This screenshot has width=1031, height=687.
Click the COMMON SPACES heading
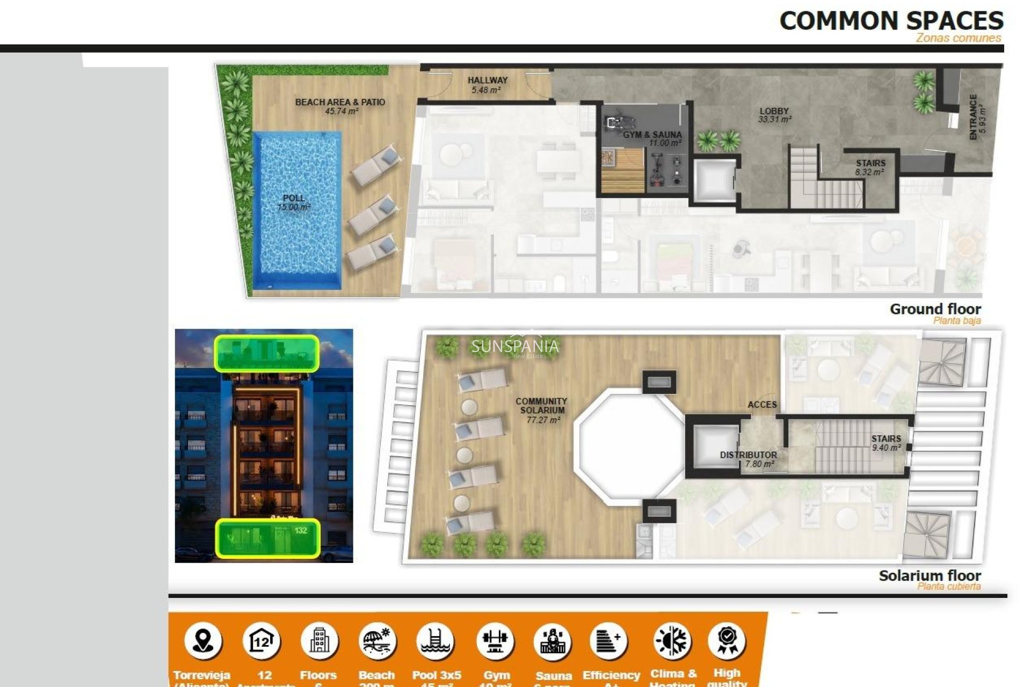891,21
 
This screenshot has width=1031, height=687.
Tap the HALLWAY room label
487,85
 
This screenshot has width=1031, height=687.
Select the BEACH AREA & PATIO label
340,106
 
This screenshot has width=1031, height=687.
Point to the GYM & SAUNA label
652,138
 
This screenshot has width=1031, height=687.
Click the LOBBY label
774,115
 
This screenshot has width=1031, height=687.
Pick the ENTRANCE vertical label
977,117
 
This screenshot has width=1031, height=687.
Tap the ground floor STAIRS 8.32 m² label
870,167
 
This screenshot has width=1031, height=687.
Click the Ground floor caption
935,309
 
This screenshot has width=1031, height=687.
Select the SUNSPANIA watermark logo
515,347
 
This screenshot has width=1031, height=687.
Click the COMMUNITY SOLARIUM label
541,410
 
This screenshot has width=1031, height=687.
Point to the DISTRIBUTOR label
748,459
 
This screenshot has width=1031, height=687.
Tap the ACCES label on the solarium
762,405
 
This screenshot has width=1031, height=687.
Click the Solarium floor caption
930,576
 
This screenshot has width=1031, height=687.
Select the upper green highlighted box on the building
267,353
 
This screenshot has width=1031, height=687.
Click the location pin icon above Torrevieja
203,641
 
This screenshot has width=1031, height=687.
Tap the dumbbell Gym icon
495,641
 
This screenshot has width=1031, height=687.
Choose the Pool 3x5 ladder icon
435,641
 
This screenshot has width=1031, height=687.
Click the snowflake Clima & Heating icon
672,641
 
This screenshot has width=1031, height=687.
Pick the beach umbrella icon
377,641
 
